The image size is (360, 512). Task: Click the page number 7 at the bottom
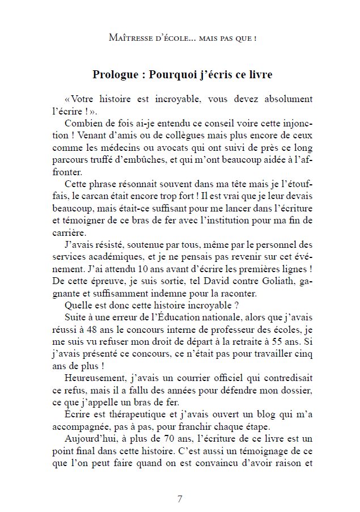(x=180, y=499)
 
